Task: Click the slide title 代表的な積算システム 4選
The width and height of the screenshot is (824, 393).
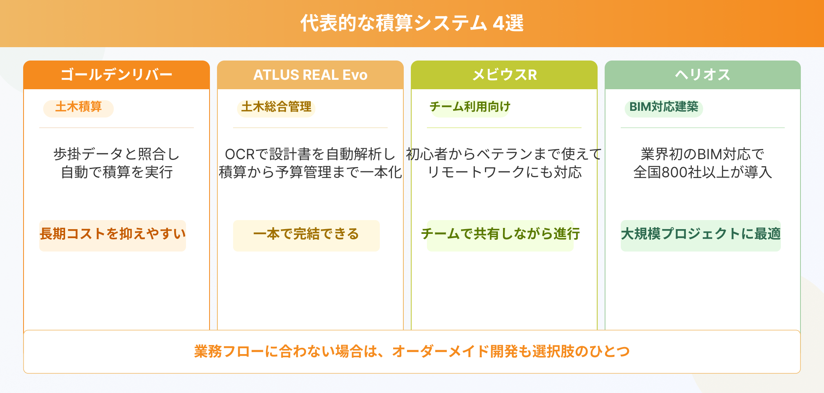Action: click(x=412, y=23)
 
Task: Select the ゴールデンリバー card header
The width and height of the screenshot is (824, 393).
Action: click(x=117, y=75)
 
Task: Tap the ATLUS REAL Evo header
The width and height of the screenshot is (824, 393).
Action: click(x=310, y=75)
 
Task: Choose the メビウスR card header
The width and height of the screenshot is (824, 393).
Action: click(x=504, y=75)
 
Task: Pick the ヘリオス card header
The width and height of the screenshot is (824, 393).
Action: click(x=702, y=75)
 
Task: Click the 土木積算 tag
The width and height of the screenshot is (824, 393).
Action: click(x=78, y=107)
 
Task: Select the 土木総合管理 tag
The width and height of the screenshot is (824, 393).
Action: click(x=276, y=107)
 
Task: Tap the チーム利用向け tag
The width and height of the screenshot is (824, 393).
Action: click(x=470, y=107)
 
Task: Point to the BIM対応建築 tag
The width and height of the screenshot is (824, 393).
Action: click(x=664, y=107)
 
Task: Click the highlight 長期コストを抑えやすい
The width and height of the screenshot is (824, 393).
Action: click(x=113, y=234)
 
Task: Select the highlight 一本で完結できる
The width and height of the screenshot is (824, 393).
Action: click(x=306, y=234)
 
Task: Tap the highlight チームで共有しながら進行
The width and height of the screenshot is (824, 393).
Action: click(x=500, y=234)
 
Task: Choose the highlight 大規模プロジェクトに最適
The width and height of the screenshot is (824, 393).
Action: click(x=700, y=234)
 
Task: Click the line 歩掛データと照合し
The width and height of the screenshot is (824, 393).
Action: click(x=117, y=154)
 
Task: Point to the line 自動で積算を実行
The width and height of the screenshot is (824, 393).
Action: click(x=117, y=172)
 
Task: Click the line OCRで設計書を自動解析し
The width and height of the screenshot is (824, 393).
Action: click(x=310, y=154)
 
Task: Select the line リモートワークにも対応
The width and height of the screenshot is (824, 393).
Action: click(x=504, y=172)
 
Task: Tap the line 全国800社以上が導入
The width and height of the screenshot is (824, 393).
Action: click(x=702, y=172)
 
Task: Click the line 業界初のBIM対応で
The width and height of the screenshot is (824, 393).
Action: click(x=702, y=154)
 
